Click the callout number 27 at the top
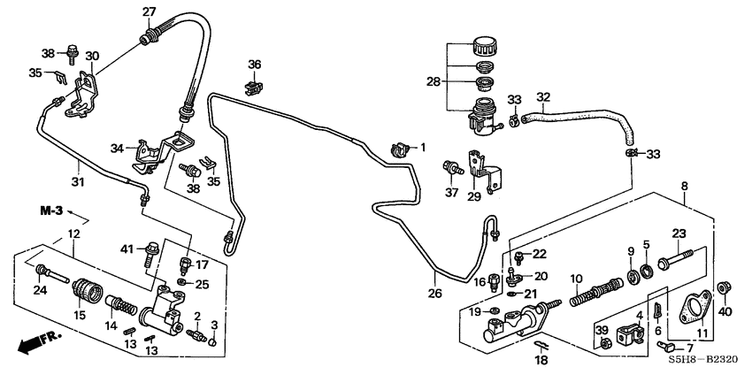coord(150,11)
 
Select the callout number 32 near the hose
coord(543,97)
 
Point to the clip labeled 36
coord(254,85)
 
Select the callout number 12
coord(74,234)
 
